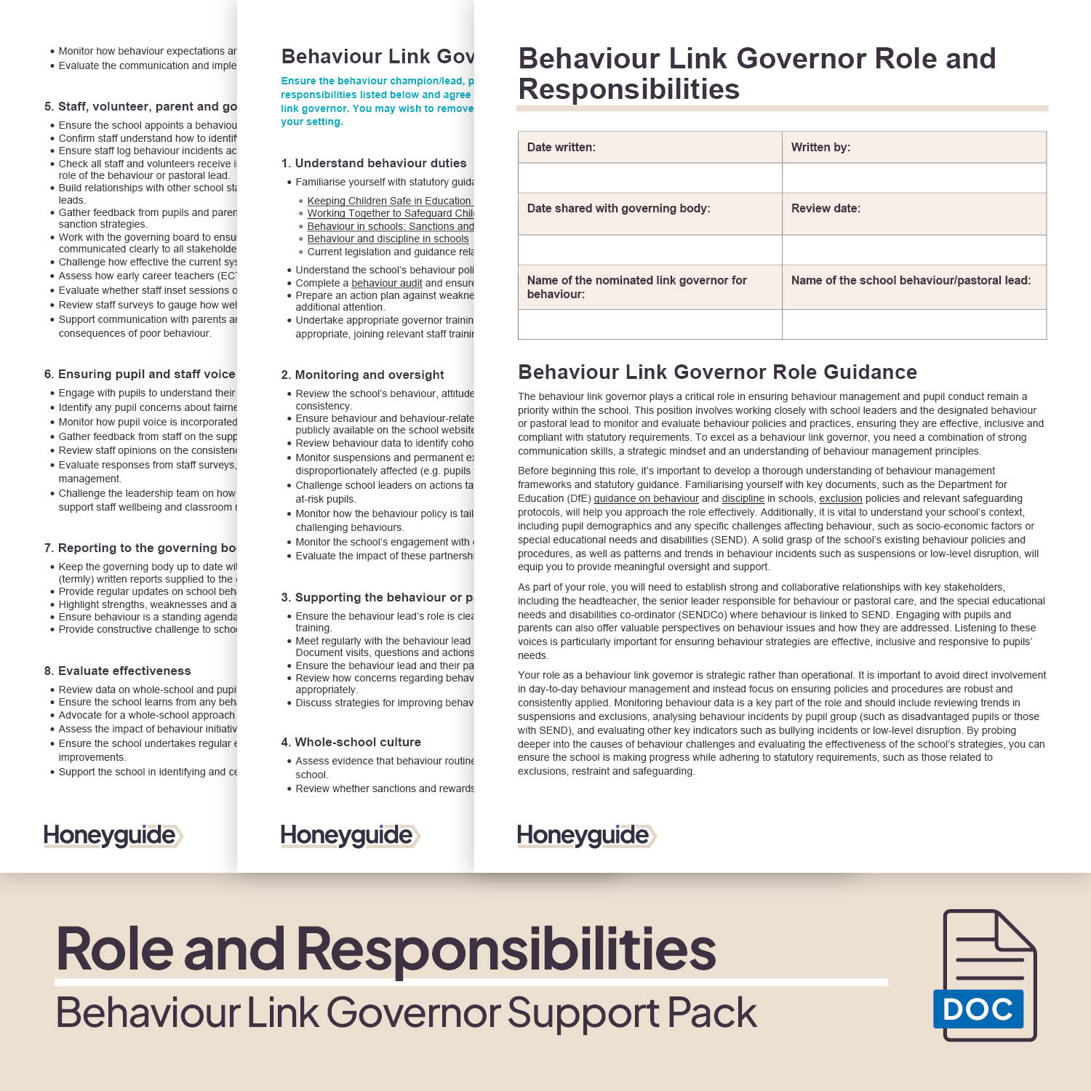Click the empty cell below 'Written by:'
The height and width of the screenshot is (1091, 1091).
click(x=914, y=178)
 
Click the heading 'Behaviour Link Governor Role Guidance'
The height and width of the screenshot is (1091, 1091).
click(x=717, y=372)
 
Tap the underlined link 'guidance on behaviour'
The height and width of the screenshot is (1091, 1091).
click(x=646, y=499)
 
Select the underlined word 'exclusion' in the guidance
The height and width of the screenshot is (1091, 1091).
click(x=840, y=499)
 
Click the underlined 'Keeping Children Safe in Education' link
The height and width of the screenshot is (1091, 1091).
click(x=389, y=201)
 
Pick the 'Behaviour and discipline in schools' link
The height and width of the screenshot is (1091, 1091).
click(x=388, y=239)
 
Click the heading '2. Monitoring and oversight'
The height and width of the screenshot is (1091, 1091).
click(x=362, y=375)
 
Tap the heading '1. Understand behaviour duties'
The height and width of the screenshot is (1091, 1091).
click(x=373, y=163)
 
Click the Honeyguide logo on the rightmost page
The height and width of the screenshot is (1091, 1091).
click(x=586, y=836)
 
